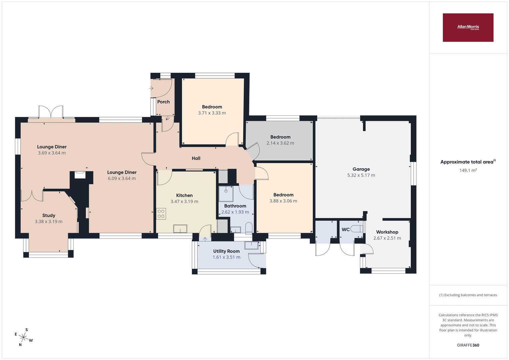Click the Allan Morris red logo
468,27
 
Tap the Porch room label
163,102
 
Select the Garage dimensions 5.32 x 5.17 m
361,175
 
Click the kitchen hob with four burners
161,214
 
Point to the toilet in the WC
357,229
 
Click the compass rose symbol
24,337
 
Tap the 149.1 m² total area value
468,170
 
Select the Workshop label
387,232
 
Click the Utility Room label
226,251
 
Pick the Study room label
49,215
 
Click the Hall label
196,158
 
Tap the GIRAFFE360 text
468,345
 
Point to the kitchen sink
180,229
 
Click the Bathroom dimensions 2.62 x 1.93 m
235,212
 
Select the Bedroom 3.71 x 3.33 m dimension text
212,113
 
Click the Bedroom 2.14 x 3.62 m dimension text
280,143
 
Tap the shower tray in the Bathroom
226,194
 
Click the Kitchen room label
184,195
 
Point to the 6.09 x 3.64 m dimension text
122,178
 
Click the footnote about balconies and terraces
468,295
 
